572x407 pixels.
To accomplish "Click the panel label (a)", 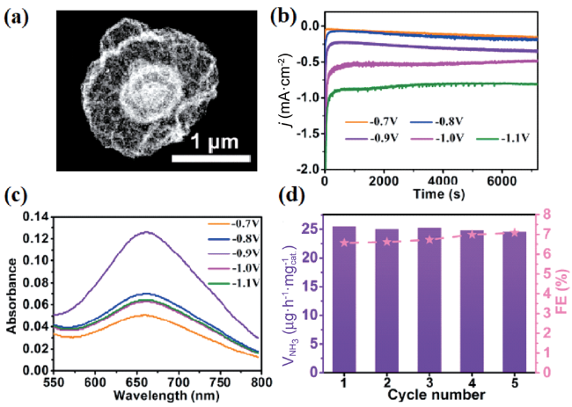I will point(20,16).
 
